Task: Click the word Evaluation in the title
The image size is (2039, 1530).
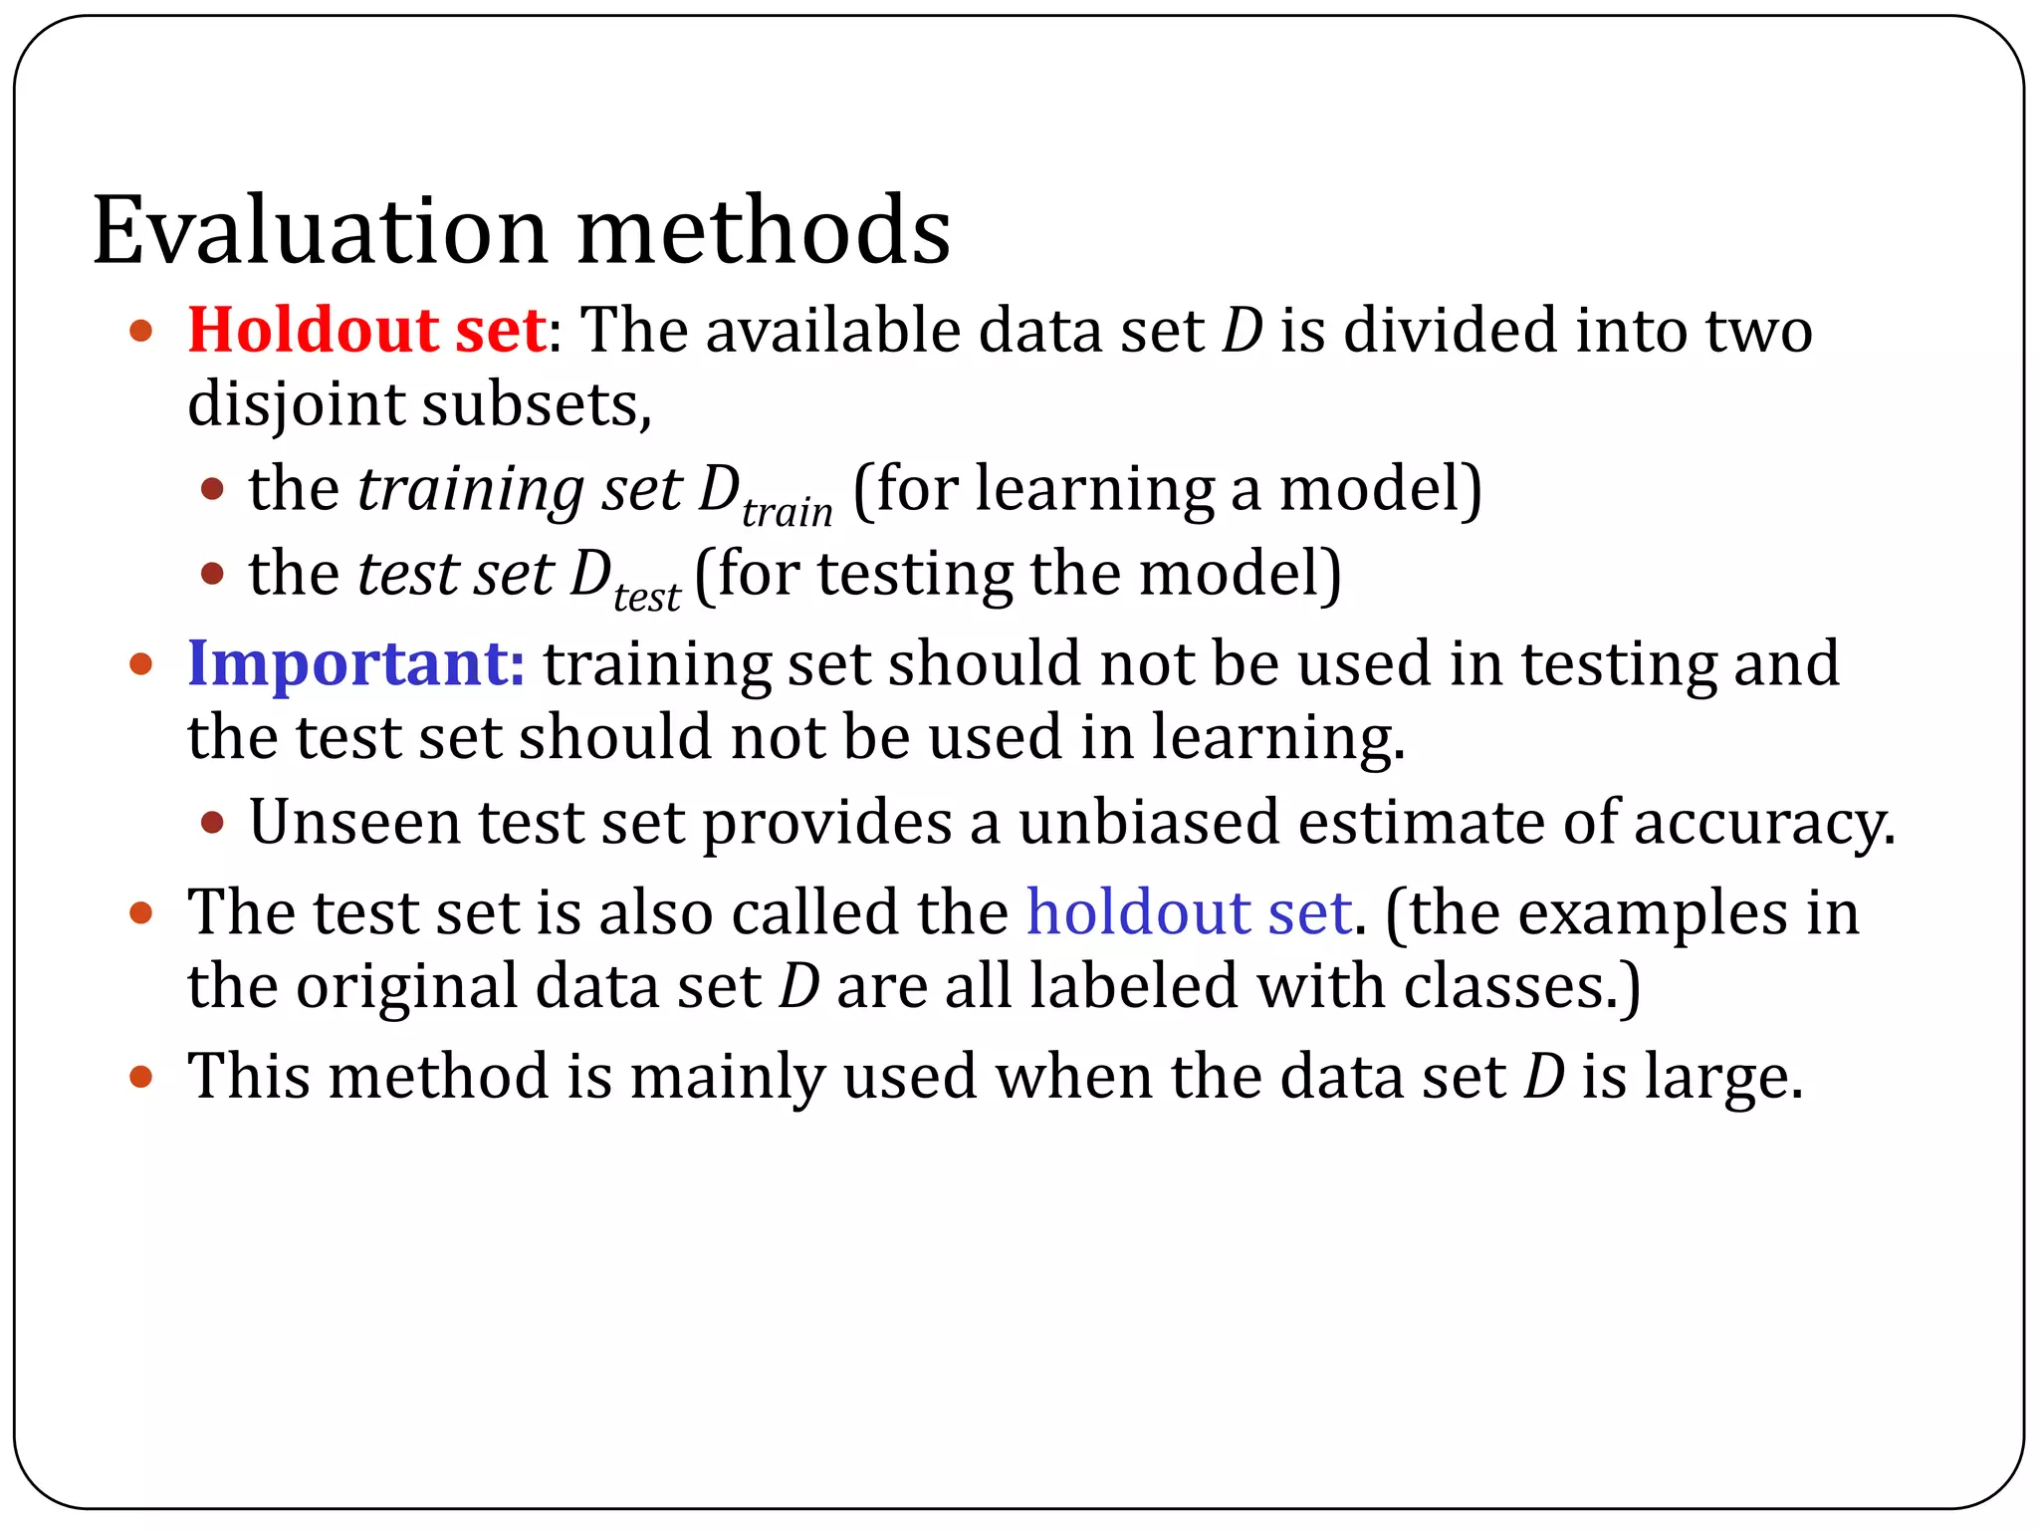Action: click(320, 231)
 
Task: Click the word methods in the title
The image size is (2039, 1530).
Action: click(764, 231)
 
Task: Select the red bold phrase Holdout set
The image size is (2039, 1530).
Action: click(366, 330)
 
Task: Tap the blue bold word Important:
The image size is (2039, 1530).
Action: click(356, 663)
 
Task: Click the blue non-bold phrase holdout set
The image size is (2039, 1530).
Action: click(1189, 912)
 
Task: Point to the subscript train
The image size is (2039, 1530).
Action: click(787, 512)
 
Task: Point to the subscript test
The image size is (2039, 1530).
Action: click(647, 597)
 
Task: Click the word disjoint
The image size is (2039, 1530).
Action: click(297, 405)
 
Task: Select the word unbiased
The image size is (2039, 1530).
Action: click(1148, 823)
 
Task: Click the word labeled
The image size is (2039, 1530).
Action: click(1133, 986)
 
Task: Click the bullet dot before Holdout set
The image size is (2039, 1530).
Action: click(141, 331)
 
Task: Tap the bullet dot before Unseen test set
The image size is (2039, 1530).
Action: click(212, 823)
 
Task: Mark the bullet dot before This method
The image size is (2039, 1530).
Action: click(141, 1077)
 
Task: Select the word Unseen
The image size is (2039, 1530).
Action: click(354, 823)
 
